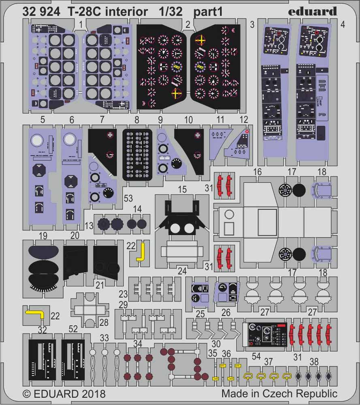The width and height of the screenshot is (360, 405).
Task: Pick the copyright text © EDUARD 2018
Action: (64, 394)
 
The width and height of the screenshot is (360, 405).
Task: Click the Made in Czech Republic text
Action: (279, 394)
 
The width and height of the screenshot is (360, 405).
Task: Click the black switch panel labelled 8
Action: (137, 154)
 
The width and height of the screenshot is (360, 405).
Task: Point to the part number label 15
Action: (182, 189)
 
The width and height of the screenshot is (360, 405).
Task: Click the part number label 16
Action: (257, 172)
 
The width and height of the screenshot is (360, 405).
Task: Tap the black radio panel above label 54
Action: (267, 336)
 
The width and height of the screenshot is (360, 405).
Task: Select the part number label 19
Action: (43, 236)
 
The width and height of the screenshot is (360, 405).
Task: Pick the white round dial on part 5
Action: (37, 140)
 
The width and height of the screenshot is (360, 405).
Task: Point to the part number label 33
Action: (104, 337)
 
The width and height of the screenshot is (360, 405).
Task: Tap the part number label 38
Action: (313, 361)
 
